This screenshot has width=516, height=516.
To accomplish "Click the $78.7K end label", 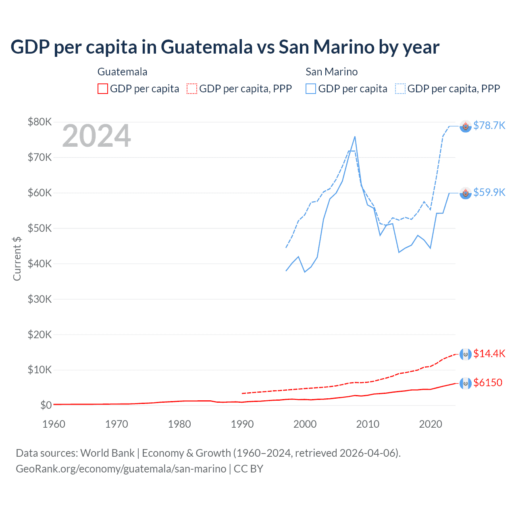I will coord(489,126).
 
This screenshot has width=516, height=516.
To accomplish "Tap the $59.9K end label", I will coord(489,193).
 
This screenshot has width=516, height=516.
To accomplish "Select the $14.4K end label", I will coord(489,354).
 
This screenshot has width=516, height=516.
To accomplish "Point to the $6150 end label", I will coord(488,383).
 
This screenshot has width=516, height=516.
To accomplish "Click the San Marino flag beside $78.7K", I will coord(466,127).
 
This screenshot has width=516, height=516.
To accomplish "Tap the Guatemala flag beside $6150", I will coord(466,383).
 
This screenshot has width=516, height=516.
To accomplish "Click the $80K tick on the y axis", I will coord(40,122).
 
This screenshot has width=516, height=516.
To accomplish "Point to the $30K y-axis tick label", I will coord(40,299).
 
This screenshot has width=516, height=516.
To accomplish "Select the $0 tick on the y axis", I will coord(46,405).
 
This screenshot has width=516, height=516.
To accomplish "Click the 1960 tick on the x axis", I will coord(54,424).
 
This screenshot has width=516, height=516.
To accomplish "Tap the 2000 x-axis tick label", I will coord(305,424).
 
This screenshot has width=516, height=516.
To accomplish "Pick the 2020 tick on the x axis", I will coord(431,424).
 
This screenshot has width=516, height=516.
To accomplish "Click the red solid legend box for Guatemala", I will coord(103,89).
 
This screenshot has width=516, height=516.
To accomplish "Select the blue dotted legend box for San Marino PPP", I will coord(400,89).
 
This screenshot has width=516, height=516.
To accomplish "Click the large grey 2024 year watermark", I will coord(96,136).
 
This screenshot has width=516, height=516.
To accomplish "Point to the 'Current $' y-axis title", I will coord(17,258).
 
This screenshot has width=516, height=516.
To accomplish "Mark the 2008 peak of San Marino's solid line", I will coord(355,137).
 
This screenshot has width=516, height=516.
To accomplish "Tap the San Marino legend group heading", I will coord(331,72).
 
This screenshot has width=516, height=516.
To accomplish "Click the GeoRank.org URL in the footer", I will coord(121,469).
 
